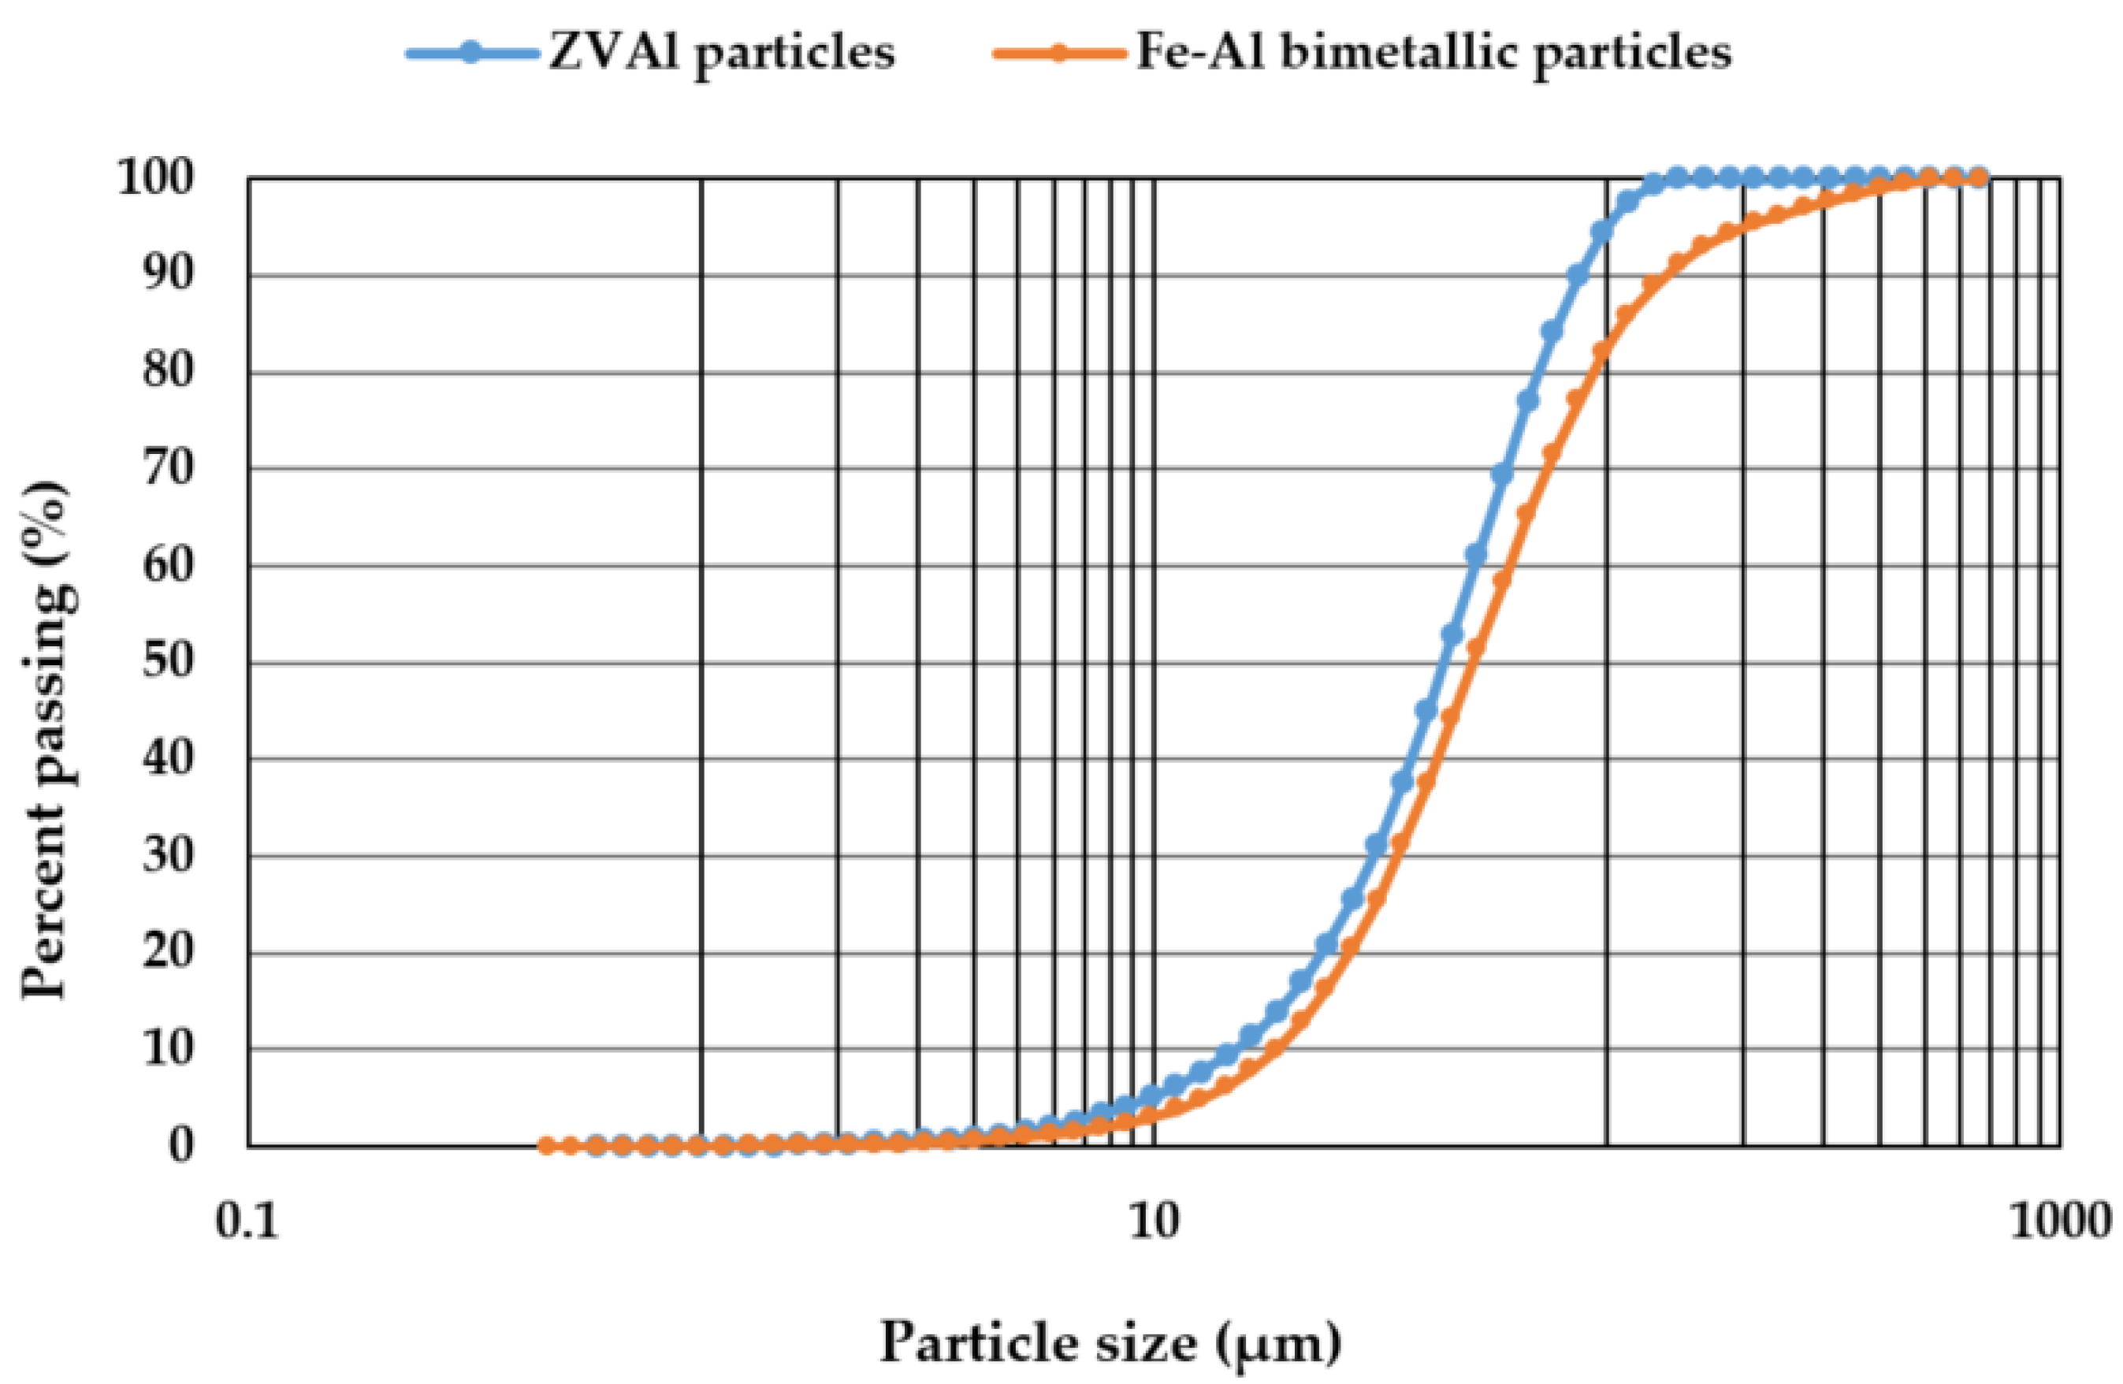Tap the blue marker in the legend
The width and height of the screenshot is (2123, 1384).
[x=472, y=53]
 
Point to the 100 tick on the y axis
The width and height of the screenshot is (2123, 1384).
[x=155, y=178]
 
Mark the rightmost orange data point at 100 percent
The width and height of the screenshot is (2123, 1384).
[x=1977, y=177]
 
